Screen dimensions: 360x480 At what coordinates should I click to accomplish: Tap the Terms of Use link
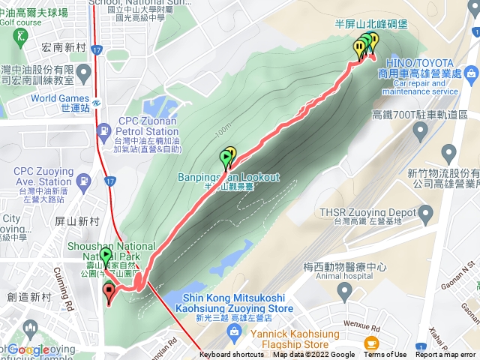385,355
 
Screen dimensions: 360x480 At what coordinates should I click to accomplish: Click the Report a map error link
445,355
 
